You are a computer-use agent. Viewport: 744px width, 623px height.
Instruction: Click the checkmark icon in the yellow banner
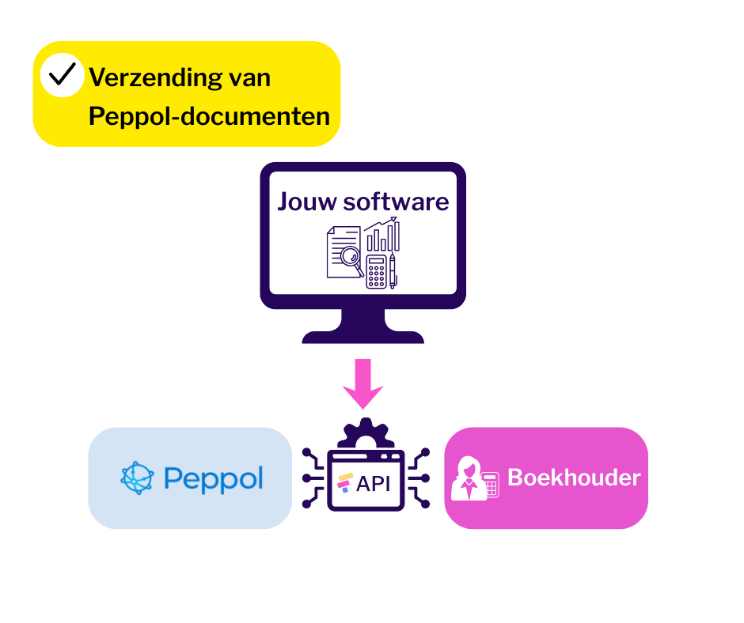pyautogui.click(x=63, y=76)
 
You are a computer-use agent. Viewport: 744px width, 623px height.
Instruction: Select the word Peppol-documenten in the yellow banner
pyautogui.click(x=209, y=116)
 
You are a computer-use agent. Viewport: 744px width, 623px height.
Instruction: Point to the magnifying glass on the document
pyautogui.click(x=349, y=259)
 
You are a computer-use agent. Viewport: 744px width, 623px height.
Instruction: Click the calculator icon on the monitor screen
pyautogui.click(x=377, y=271)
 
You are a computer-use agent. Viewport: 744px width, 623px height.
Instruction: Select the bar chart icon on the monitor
pyautogui.click(x=382, y=235)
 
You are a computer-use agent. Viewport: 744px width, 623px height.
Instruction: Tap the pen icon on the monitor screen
pyautogui.click(x=393, y=270)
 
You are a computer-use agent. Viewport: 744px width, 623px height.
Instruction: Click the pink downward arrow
pyautogui.click(x=363, y=383)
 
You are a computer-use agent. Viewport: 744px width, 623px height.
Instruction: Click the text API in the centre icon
pyautogui.click(x=374, y=483)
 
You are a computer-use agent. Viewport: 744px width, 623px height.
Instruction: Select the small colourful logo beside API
pyautogui.click(x=344, y=483)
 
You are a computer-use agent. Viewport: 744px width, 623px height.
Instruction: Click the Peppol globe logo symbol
pyautogui.click(x=137, y=478)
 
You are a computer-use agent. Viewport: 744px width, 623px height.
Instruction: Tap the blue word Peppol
pyautogui.click(x=213, y=478)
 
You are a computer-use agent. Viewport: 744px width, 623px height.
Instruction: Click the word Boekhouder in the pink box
pyautogui.click(x=574, y=478)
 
